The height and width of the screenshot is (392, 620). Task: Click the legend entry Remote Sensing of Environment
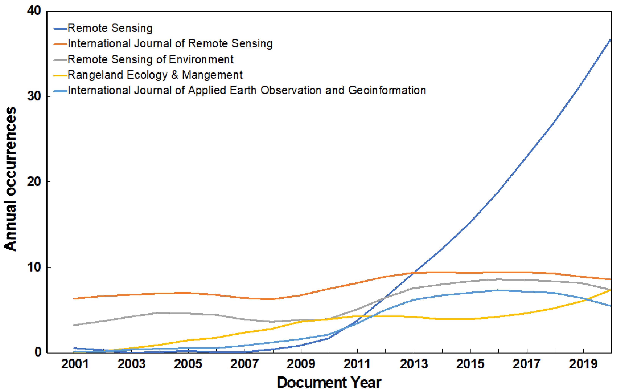click(x=150, y=60)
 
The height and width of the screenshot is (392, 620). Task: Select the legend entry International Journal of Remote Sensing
click(x=170, y=44)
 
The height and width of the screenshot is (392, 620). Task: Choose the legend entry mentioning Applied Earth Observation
click(x=246, y=91)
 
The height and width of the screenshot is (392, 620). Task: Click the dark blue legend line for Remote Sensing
click(x=60, y=29)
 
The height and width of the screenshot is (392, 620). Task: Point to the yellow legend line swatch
click(x=60, y=76)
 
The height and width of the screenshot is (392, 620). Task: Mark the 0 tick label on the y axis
click(x=38, y=352)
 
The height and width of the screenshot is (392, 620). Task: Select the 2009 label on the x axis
click(x=301, y=364)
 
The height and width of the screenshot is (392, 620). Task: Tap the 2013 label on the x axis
click(x=414, y=364)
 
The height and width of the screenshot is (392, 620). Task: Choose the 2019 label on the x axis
click(x=583, y=364)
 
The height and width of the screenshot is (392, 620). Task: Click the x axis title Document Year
click(x=329, y=383)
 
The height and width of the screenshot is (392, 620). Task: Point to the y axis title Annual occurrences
click(x=10, y=179)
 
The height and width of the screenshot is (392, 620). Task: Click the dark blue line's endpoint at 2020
click(x=611, y=39)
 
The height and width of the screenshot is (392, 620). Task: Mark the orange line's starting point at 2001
click(x=74, y=299)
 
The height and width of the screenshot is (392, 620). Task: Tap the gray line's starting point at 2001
click(x=74, y=325)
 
